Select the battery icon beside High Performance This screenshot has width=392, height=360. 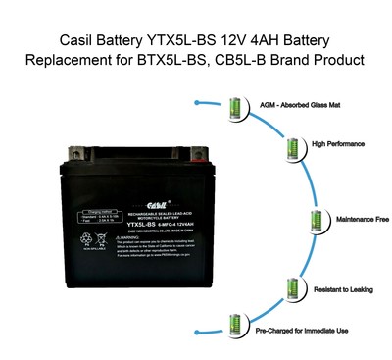click(291, 148)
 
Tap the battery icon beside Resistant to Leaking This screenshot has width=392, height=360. click(292, 288)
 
